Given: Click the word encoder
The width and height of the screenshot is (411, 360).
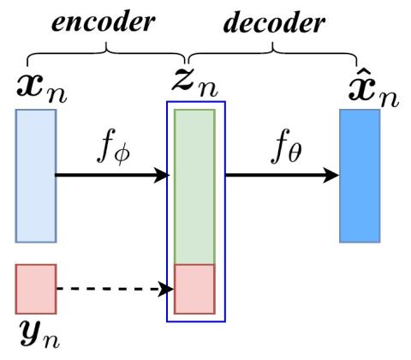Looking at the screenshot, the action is (104, 23).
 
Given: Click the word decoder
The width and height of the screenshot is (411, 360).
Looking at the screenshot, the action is (274, 23).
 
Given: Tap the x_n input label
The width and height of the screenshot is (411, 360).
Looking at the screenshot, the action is (42, 89).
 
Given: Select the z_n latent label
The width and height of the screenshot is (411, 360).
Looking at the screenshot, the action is (195, 82).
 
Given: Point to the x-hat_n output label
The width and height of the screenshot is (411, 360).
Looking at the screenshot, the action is (373, 89).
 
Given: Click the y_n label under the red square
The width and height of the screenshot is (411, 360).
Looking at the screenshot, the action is (39, 334).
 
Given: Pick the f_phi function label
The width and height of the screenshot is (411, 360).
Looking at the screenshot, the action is (114, 147).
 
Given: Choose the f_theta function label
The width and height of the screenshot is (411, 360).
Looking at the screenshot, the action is (286, 147).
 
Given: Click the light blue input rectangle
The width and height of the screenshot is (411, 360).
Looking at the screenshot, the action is (36, 176).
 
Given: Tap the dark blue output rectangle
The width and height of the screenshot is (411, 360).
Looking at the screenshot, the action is (360, 176).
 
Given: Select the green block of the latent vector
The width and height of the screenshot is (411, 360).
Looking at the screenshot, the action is (194, 187).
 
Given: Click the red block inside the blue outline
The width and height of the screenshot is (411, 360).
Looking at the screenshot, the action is (194, 289).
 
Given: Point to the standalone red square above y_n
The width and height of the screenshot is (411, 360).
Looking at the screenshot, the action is (36, 289).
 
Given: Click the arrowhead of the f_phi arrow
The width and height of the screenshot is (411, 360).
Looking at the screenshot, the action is (162, 175).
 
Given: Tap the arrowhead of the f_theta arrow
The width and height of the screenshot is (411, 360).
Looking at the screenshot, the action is (331, 175).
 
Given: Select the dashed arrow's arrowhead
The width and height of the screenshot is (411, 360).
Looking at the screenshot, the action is (166, 289).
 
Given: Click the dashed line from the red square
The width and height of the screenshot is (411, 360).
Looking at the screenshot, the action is (108, 289).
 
